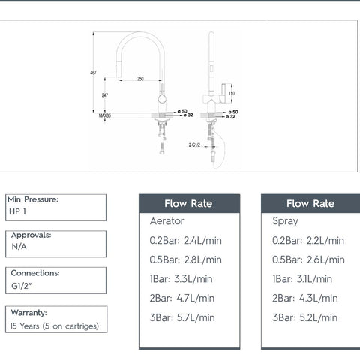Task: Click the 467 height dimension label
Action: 92,72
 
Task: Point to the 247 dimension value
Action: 104,95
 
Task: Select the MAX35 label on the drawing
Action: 104,116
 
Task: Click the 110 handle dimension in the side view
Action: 231,93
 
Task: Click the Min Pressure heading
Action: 33,199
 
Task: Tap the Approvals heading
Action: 30,235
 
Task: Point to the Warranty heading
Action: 28,312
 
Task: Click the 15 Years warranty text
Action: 53,325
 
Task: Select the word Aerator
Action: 167,221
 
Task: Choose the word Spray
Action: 285,221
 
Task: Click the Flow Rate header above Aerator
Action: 189,203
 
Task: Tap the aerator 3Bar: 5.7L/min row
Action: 181,317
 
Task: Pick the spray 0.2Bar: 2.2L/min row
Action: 307,240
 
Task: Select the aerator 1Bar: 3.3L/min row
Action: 181,278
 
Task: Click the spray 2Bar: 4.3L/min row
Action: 305,298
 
